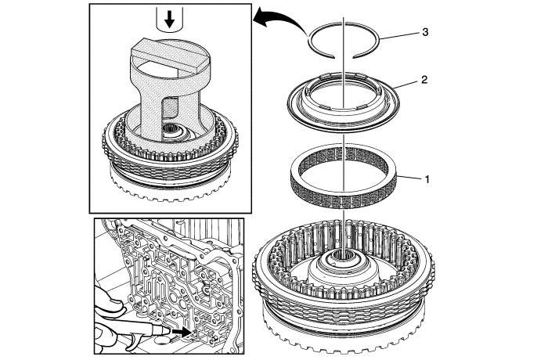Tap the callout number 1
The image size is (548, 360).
pyautogui.click(x=427, y=179)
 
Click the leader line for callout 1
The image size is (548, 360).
pyautogui.click(x=412, y=179)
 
